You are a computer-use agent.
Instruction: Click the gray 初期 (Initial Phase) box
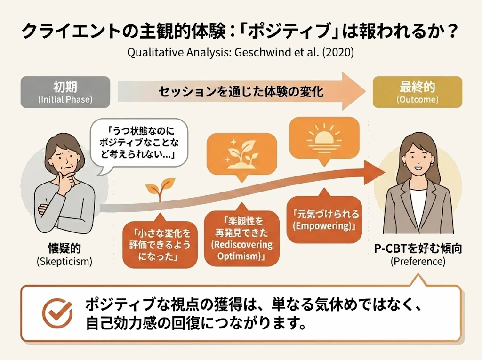click(65, 92)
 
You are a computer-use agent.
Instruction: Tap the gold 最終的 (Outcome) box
click(417, 92)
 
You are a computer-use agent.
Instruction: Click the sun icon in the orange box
click(324, 136)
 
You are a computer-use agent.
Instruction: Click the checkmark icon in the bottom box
click(57, 312)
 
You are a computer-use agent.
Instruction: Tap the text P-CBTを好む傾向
click(418, 249)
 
